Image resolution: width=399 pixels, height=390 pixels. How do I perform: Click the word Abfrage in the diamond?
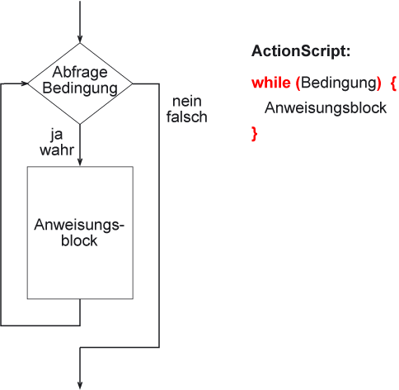click(80, 73)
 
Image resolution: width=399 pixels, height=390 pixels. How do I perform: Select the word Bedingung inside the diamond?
click(80, 88)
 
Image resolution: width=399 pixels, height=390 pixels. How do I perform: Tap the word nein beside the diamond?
click(187, 102)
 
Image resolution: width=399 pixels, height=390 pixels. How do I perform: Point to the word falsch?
click(186, 117)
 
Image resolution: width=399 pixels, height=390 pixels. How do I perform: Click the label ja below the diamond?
click(57, 135)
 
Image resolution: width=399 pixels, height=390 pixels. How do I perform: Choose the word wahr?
click(57, 150)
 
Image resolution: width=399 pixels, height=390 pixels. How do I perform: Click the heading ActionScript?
click(301, 51)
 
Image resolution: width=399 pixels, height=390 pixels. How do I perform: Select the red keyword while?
click(271, 83)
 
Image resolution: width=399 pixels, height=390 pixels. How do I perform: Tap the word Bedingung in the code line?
click(339, 83)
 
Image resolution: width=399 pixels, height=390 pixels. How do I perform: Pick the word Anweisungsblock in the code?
click(326, 108)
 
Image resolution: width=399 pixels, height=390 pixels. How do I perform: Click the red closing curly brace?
click(255, 134)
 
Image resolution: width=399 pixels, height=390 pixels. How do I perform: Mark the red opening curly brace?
click(393, 83)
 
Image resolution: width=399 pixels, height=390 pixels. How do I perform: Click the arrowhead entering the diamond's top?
click(80, 39)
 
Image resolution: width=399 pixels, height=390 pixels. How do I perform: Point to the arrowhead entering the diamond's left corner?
click(24, 83)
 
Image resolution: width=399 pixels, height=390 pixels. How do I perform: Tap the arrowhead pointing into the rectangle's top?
click(80, 162)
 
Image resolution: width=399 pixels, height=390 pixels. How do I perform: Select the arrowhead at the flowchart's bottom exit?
click(80, 385)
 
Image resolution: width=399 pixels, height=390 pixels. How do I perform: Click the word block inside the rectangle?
click(79, 240)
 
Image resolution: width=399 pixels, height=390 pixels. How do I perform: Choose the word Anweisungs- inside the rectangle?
click(79, 226)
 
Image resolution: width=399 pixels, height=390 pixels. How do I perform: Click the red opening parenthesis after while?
click(298, 83)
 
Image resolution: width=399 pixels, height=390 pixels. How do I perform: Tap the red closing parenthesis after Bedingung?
click(379, 83)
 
